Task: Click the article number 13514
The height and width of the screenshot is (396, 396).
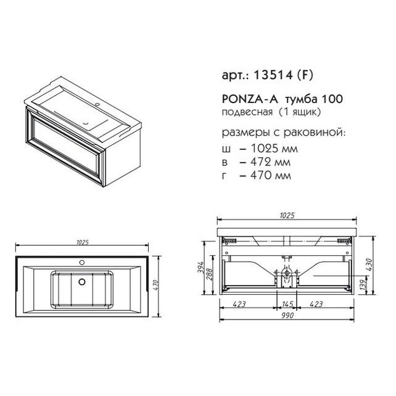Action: pos(273,75)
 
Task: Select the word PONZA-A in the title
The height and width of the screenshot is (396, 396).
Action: pos(250,99)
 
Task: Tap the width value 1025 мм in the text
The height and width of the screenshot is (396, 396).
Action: pos(274,148)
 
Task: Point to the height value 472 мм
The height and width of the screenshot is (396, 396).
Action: pos(270,162)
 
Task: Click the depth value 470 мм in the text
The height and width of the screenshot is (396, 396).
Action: pos(271,175)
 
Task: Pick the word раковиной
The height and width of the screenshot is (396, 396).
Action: pos(314,133)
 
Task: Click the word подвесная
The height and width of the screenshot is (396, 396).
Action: pos(247,112)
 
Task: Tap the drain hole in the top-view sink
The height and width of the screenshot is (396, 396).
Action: pos(82,282)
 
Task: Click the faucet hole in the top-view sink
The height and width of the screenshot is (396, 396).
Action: pos(82,263)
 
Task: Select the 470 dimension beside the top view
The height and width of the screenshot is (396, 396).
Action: pos(155,285)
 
